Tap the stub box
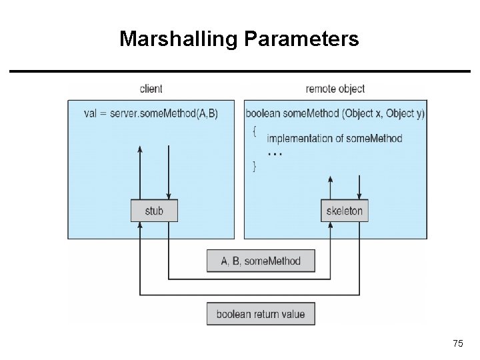pos(153,211)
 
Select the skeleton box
pos(344,211)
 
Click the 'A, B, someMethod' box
pos(261,261)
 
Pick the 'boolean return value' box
pos(261,314)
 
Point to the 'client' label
pos(151,89)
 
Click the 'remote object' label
pos(335,89)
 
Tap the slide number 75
pos(457,343)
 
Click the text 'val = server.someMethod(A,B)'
pos(151,113)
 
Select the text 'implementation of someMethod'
pos(335,139)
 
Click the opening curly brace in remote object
pos(253,131)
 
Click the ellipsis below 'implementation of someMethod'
pos(275,153)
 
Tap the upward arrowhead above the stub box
pos(140,149)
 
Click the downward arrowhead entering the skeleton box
pos(360,197)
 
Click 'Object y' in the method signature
pos(405,113)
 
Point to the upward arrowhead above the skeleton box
pos(331,179)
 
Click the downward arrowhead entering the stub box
pos(168,197)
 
